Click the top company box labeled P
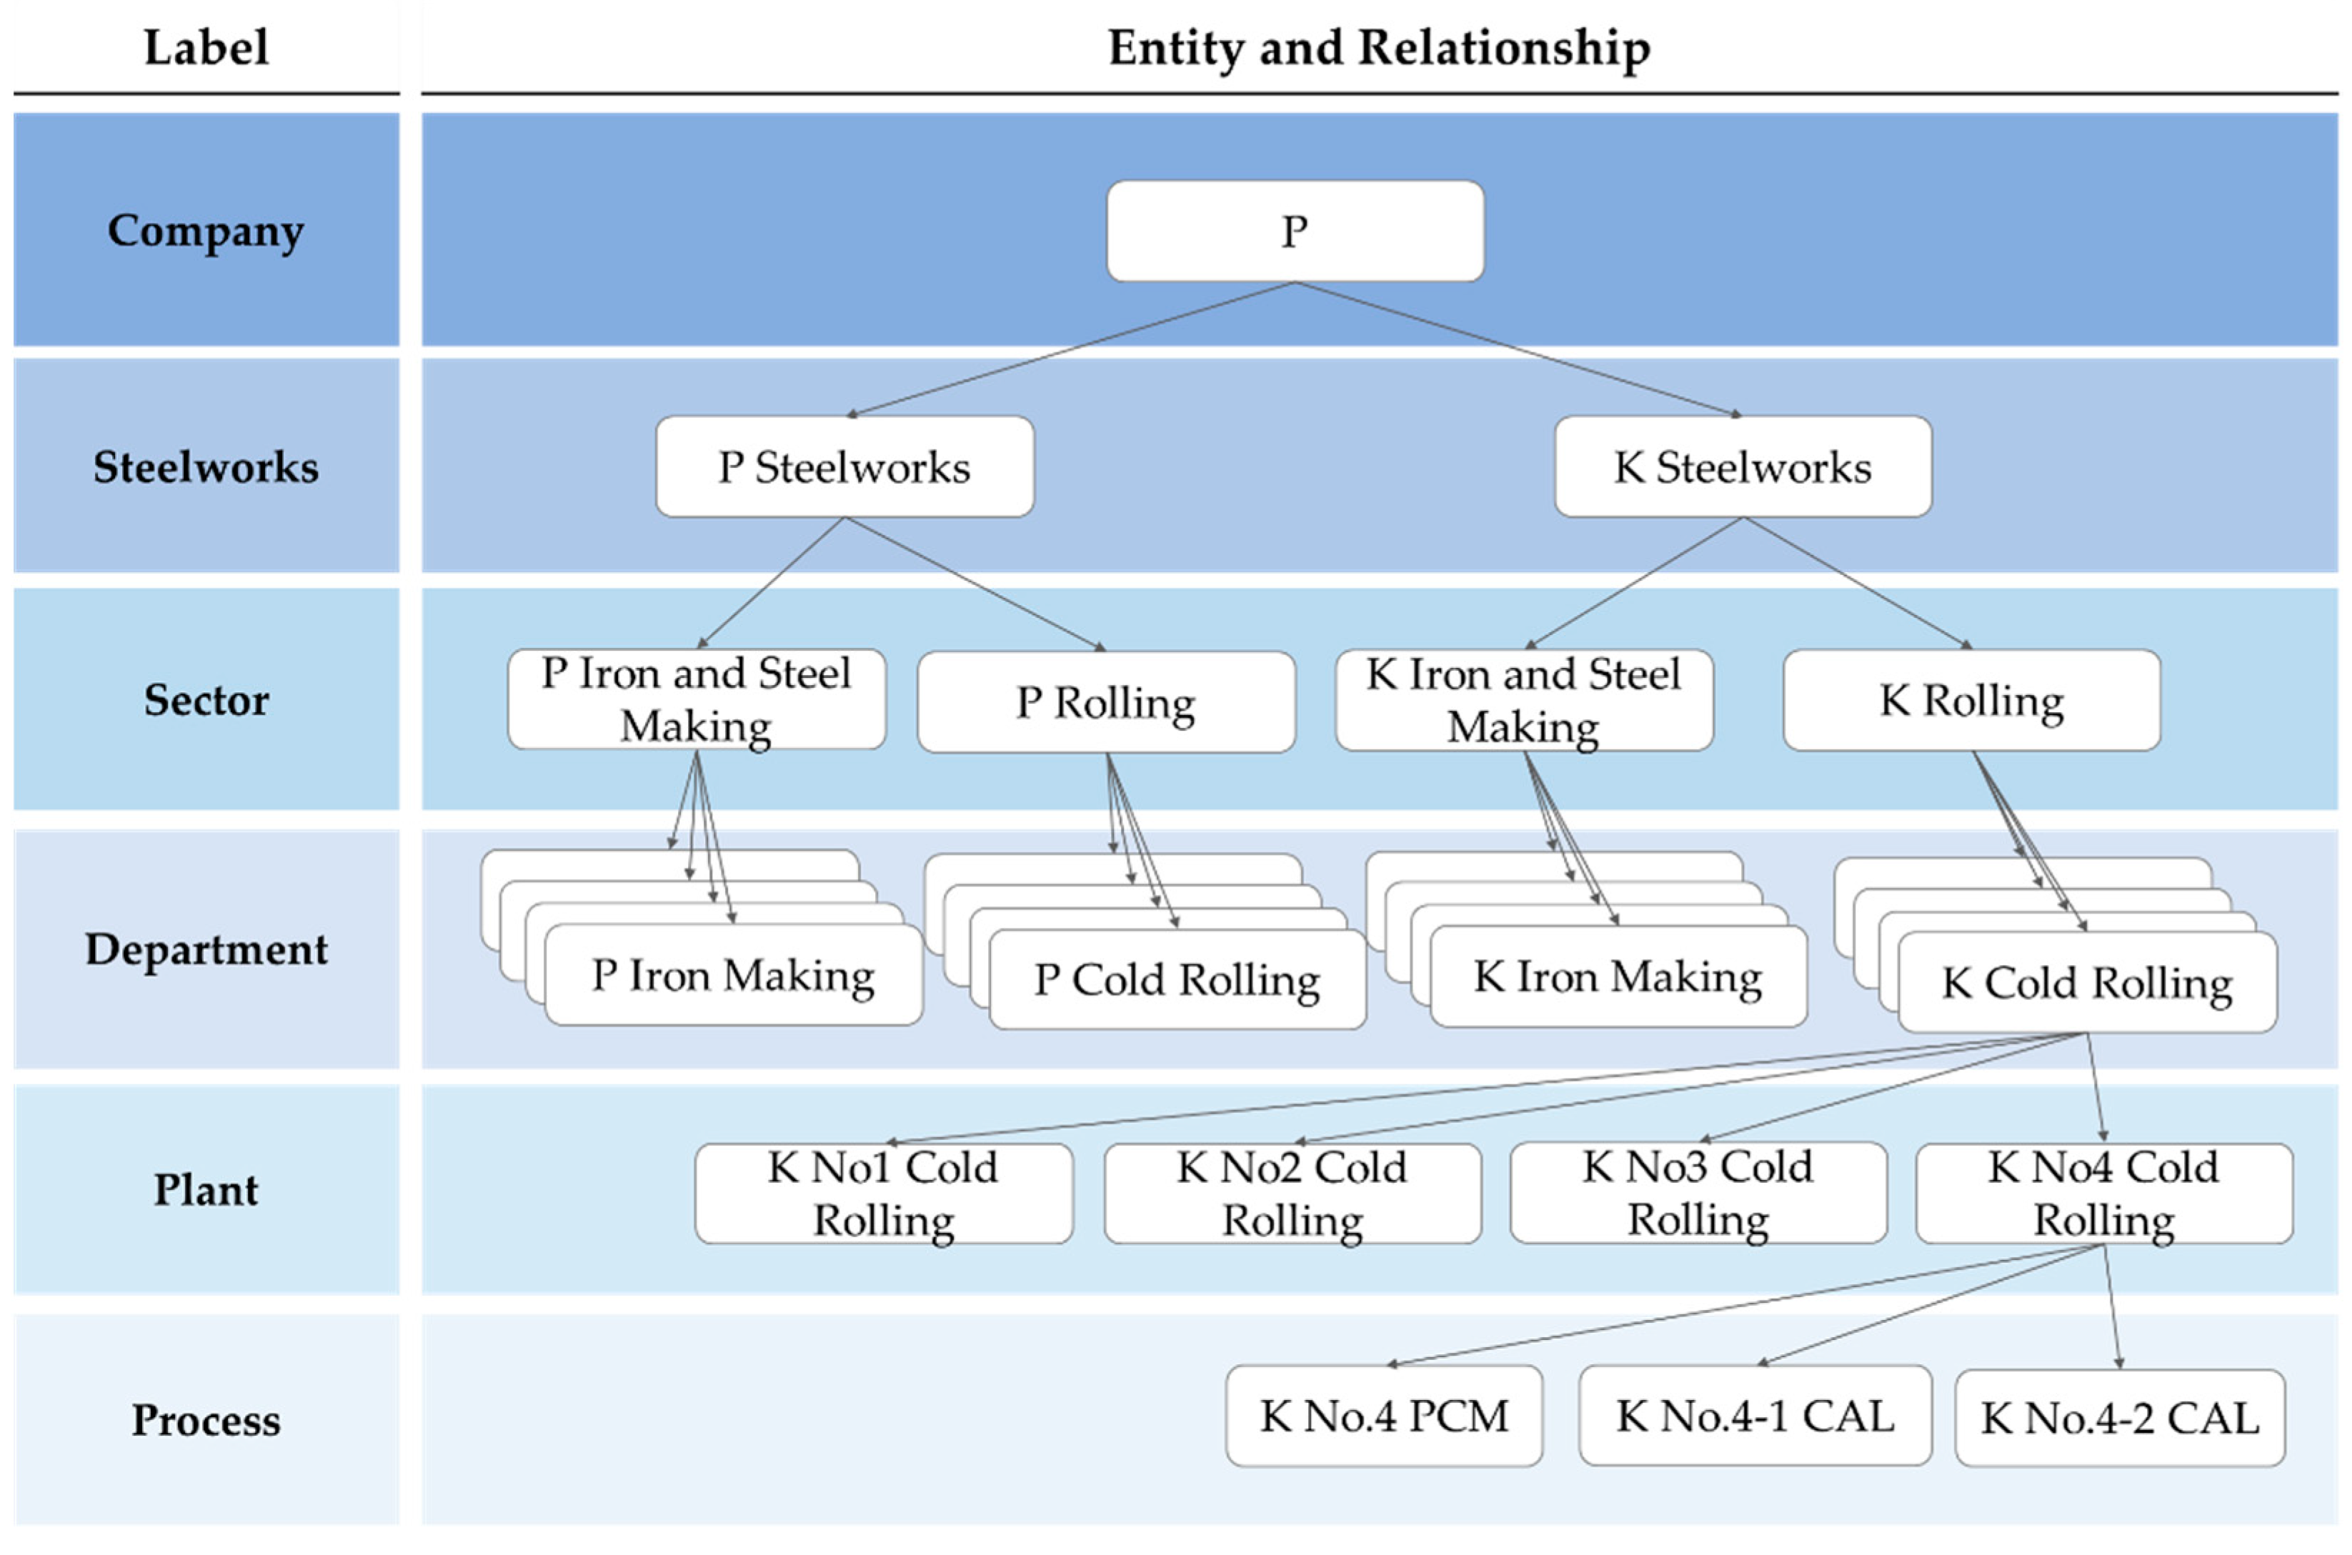(1295, 231)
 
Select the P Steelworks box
(844, 466)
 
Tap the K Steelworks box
(1742, 466)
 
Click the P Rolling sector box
(1105, 702)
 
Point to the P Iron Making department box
(733, 976)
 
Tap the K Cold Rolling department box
(2086, 983)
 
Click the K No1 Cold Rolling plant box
(883, 1193)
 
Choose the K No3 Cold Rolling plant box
(1698, 1192)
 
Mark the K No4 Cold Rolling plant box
(2103, 1193)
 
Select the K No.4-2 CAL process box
(2119, 1418)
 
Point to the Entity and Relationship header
(1378, 48)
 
